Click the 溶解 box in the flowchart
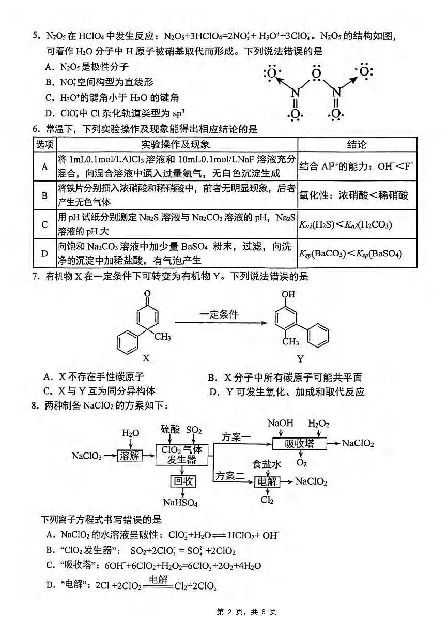point(129,456)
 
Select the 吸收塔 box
point(299,444)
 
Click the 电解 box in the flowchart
point(268,482)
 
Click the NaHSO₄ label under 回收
point(180,502)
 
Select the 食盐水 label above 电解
point(267,464)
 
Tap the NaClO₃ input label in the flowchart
point(87,456)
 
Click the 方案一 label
point(236,437)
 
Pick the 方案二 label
point(229,475)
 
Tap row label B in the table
point(44,195)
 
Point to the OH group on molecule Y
point(288,295)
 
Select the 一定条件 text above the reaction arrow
point(220,314)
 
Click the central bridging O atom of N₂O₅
point(317,70)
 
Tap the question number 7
point(35,277)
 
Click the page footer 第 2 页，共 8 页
point(246,612)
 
